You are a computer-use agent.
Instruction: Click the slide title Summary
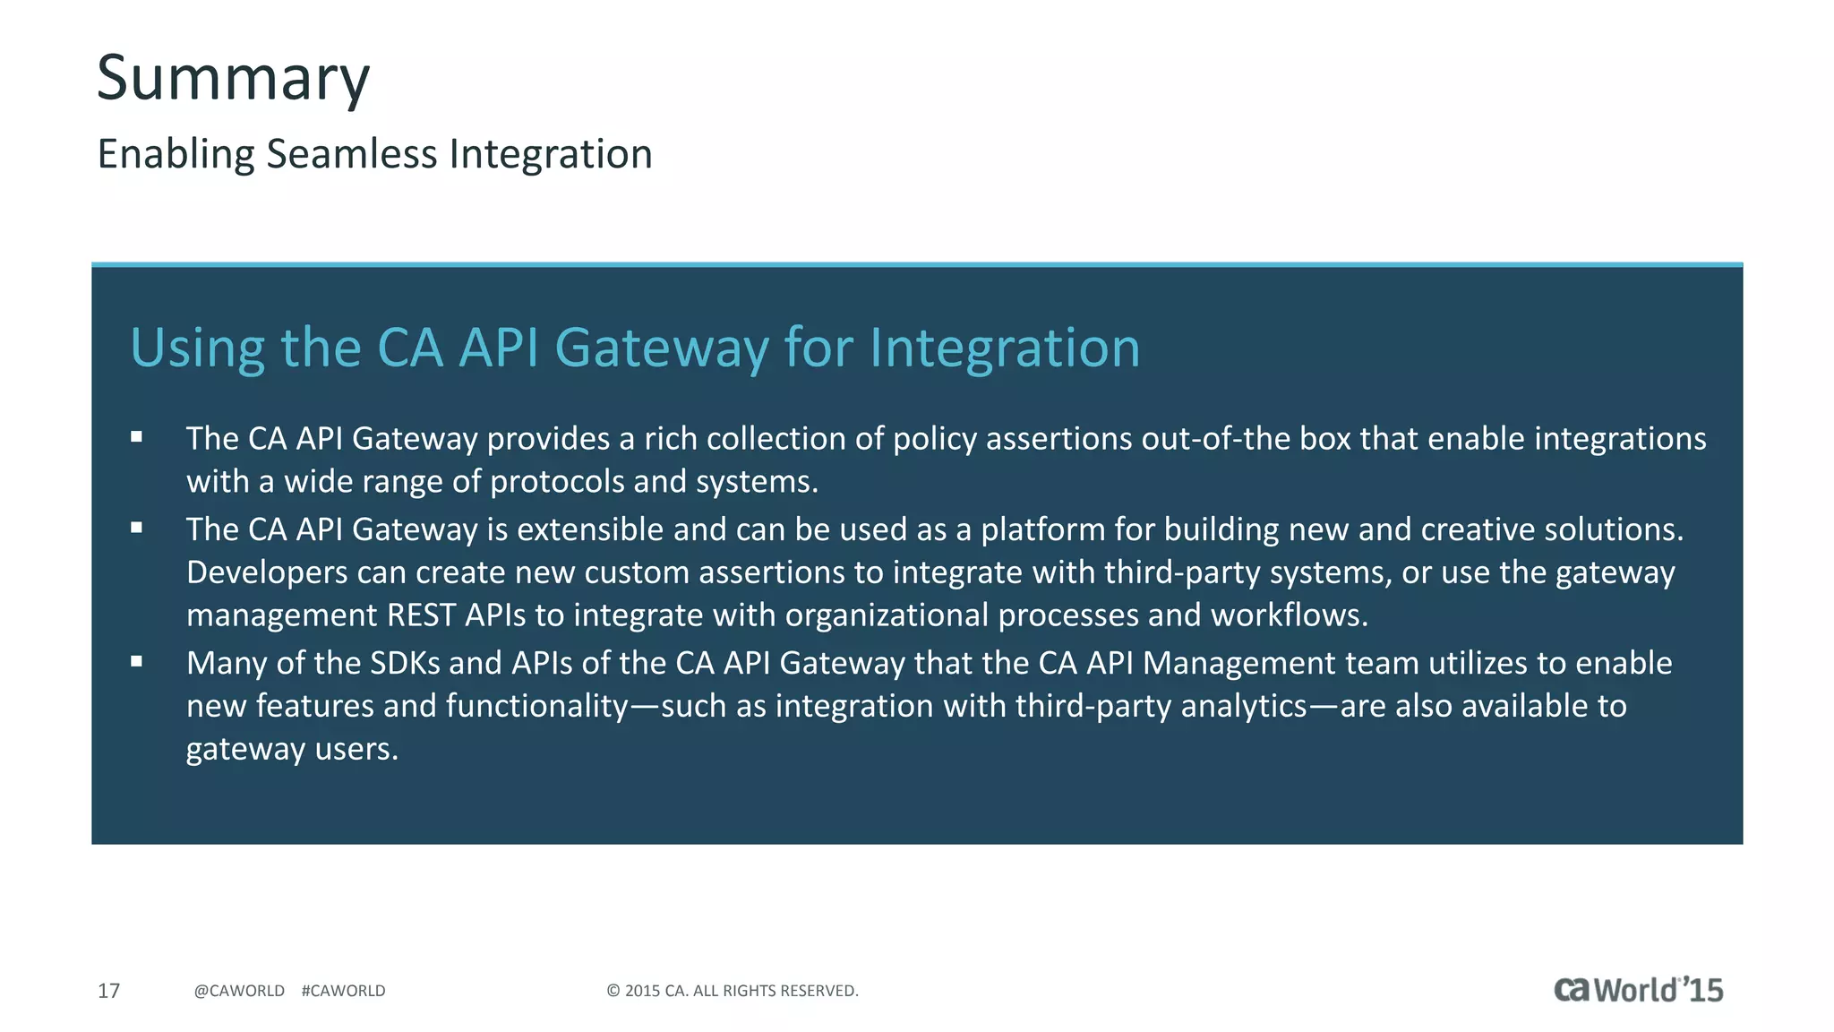click(233, 79)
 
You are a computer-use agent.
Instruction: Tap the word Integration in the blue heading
click(1005, 348)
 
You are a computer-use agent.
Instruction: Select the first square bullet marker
click(136, 437)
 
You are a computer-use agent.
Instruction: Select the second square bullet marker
click(136, 528)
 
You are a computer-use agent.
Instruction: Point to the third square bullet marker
click(136, 661)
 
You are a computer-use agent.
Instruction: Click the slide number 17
click(108, 991)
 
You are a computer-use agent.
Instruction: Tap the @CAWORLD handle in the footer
click(239, 991)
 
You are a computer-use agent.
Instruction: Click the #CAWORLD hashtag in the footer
click(344, 991)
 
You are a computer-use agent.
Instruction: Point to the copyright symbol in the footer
click(613, 991)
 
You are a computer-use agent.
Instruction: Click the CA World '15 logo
click(1638, 990)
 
